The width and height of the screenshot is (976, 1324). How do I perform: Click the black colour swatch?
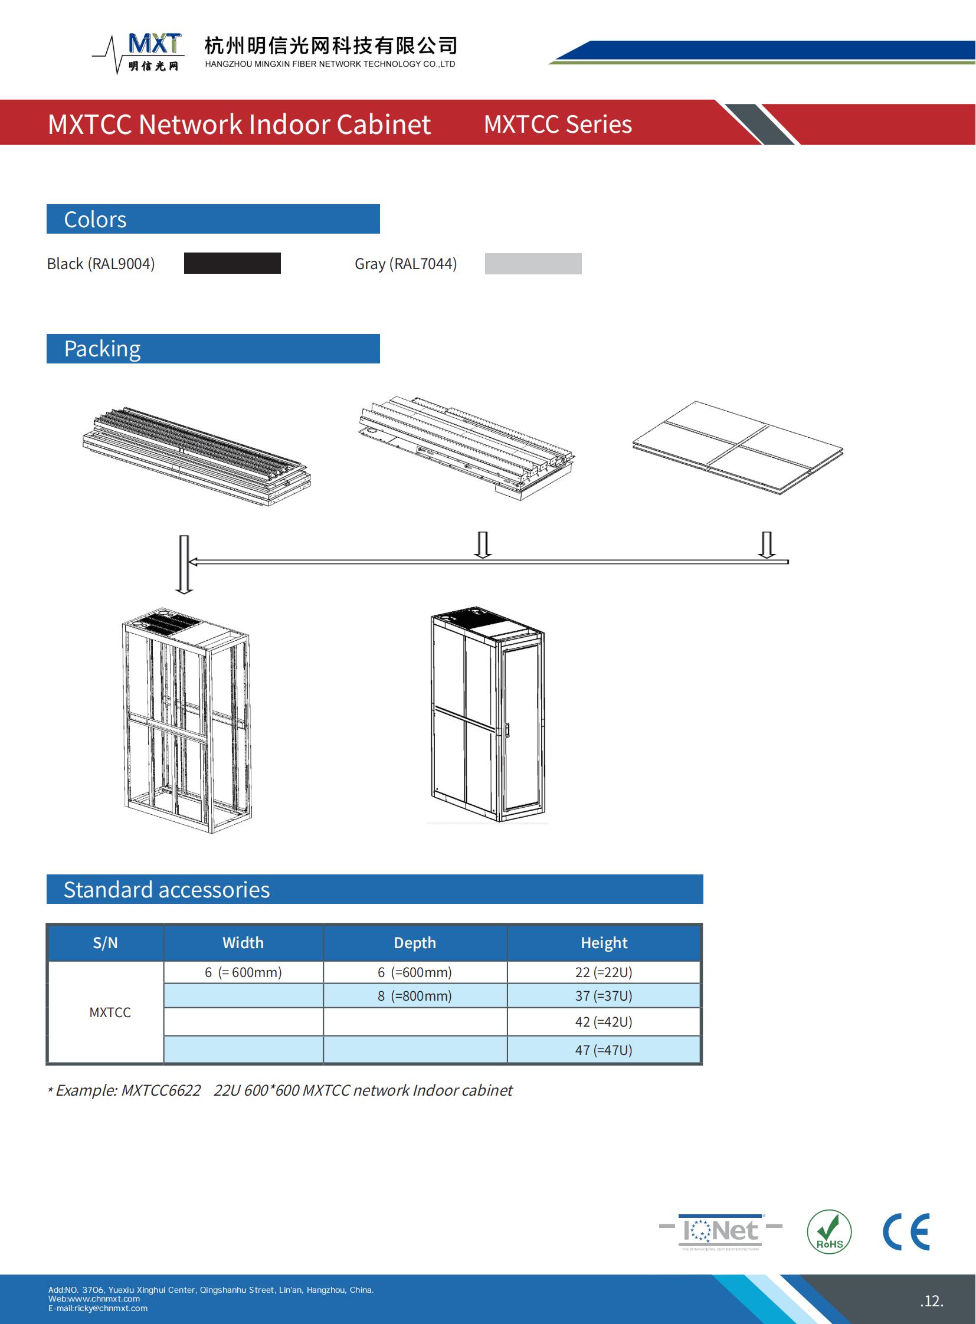pyautogui.click(x=232, y=263)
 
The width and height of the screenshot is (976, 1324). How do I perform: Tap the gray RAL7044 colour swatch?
pyautogui.click(x=533, y=264)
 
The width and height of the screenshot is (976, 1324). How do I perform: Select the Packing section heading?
pyautogui.click(x=102, y=349)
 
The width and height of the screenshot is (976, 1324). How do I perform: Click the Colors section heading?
pyautogui.click(x=95, y=219)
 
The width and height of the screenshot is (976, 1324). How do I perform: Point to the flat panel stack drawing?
pyautogui.click(x=738, y=448)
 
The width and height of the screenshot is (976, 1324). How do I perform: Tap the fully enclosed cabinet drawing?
pyautogui.click(x=488, y=715)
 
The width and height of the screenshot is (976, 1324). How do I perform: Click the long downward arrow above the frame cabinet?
pyautogui.click(x=184, y=564)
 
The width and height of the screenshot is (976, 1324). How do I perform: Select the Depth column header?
pyautogui.click(x=415, y=942)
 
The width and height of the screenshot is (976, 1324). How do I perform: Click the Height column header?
pyautogui.click(x=604, y=942)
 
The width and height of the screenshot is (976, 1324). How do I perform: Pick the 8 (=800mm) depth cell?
pyautogui.click(x=415, y=995)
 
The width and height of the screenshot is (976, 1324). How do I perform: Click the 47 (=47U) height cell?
pyautogui.click(x=604, y=1050)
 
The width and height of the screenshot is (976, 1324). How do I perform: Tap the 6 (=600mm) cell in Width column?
pyautogui.click(x=243, y=972)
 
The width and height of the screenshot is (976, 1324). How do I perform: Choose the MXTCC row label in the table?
pyautogui.click(x=110, y=1012)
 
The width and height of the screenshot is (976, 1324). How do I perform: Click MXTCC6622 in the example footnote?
pyautogui.click(x=161, y=1090)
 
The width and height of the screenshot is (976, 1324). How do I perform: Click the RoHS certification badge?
pyautogui.click(x=829, y=1231)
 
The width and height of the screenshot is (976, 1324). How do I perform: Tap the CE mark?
pyautogui.click(x=906, y=1232)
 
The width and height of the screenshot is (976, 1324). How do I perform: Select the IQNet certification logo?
pyautogui.click(x=720, y=1231)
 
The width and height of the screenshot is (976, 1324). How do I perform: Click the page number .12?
pyautogui.click(x=931, y=1300)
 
